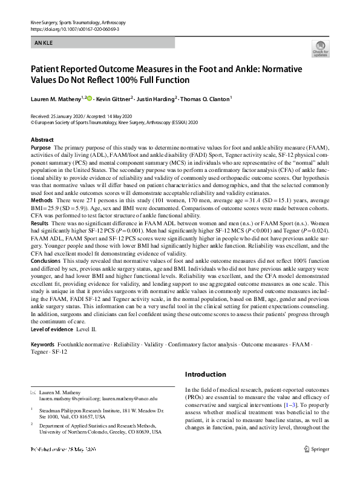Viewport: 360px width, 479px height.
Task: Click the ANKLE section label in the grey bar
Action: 45,43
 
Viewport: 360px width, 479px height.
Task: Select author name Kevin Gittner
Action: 115,98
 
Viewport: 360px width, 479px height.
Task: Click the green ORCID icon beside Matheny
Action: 90,97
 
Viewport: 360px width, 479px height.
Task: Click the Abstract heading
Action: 42,140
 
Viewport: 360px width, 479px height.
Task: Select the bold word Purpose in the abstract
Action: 41,148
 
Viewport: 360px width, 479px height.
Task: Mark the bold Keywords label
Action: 42,344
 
